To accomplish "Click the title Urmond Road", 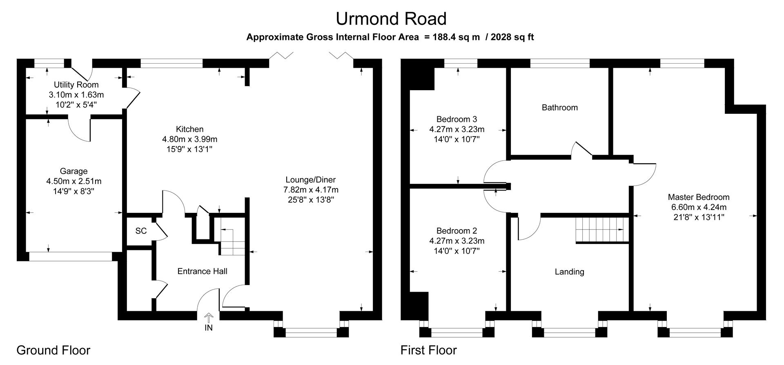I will point(391,19).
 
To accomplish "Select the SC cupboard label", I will point(141,231).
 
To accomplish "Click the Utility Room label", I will point(76,85).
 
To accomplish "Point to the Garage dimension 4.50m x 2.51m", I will point(74,181).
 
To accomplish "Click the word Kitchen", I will point(190,129).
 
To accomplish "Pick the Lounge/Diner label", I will point(310,179).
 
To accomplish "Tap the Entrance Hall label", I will point(202,271).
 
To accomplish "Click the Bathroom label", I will point(559,108).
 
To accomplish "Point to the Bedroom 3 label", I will point(457,119).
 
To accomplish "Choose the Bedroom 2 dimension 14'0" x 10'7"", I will point(457,251).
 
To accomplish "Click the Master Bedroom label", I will point(699,197).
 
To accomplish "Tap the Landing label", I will point(569,272).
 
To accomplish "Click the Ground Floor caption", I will point(53,350).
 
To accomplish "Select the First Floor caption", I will point(428,350).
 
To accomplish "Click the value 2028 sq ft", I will point(512,37).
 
